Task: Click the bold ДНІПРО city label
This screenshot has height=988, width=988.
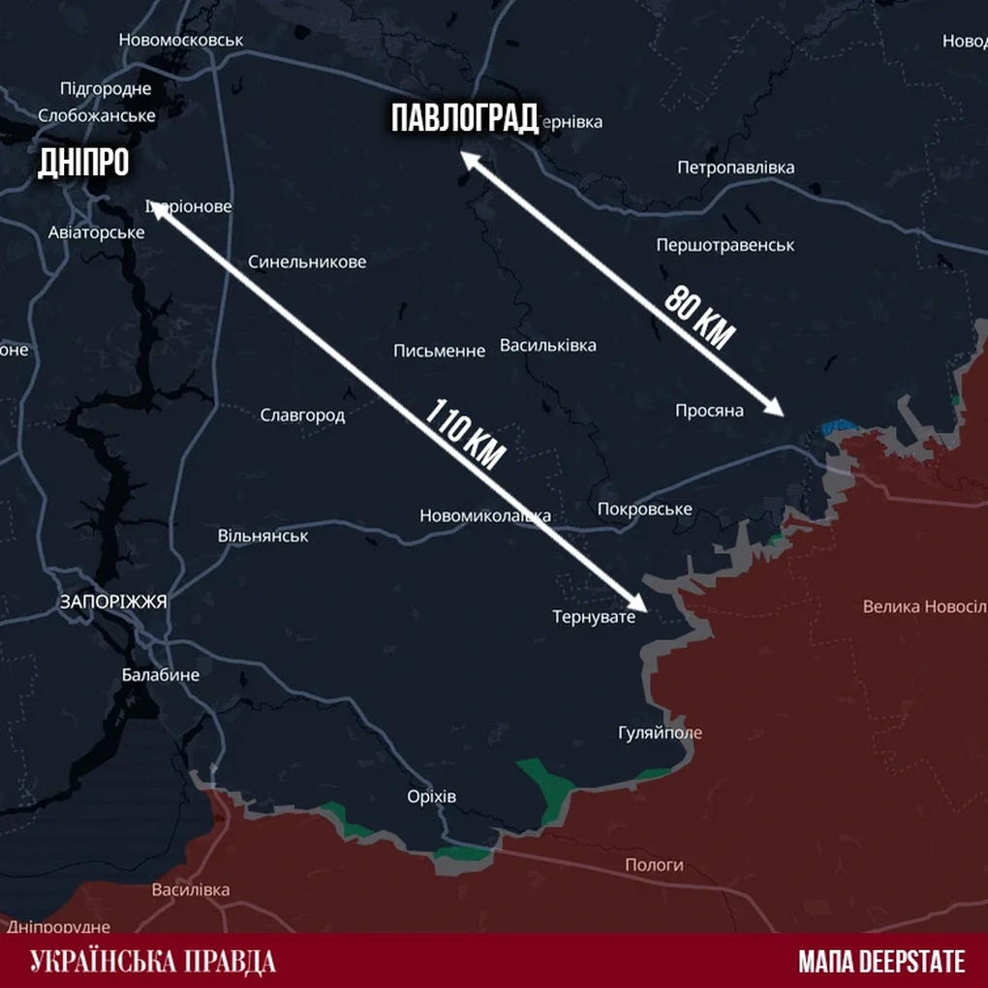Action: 83,163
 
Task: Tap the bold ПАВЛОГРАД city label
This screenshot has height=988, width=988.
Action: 464,119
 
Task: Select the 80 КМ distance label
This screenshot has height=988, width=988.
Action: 700,317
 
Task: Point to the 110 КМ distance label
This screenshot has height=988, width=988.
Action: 465,434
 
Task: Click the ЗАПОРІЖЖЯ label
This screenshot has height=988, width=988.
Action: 113,602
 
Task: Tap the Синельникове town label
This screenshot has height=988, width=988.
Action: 307,262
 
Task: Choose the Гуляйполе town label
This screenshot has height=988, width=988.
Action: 660,732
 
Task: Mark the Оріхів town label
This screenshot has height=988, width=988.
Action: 431,797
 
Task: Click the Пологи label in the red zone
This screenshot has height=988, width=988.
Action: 654,864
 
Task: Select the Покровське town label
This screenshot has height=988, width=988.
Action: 645,509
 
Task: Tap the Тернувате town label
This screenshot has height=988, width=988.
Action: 594,616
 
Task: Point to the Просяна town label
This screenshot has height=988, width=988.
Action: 709,411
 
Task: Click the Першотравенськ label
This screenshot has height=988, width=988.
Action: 725,245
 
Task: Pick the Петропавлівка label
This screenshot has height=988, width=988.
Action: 735,168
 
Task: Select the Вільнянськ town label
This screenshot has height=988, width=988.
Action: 262,536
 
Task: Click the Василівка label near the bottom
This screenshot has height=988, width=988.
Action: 191,889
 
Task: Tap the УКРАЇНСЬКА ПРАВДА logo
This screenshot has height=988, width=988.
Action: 153,961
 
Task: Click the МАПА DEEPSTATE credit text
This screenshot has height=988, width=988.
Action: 881,961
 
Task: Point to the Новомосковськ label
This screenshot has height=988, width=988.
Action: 181,40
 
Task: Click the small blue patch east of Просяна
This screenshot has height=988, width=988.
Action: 838,426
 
